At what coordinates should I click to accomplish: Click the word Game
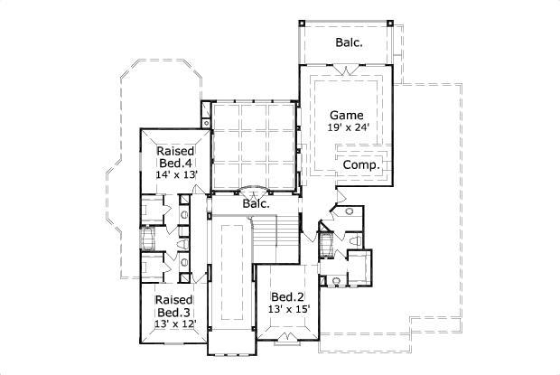[x=346, y=115]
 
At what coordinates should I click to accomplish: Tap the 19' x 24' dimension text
[x=349, y=127]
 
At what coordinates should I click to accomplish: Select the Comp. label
[x=360, y=166]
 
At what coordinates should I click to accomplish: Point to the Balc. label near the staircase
[x=257, y=204]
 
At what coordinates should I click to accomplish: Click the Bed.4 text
[x=176, y=162]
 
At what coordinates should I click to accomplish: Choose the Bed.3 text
[x=172, y=312]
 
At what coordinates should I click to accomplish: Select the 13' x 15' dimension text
[x=289, y=309]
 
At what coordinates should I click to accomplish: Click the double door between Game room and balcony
[x=346, y=70]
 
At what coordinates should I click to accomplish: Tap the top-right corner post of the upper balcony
[x=390, y=20]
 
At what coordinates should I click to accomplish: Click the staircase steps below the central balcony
[x=287, y=239]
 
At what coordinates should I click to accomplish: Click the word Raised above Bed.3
[x=172, y=300]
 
